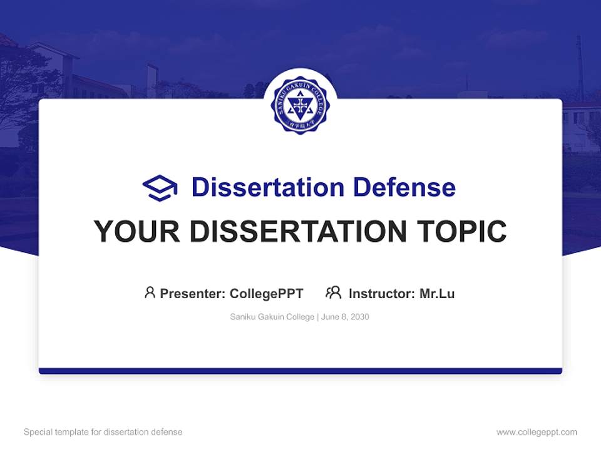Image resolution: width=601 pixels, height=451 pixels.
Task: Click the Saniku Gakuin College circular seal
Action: click(300, 105)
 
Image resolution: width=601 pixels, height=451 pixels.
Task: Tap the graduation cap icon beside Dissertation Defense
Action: click(160, 187)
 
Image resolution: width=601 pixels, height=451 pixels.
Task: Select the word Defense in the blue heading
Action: click(404, 187)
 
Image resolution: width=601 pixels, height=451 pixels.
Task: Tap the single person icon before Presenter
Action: click(150, 293)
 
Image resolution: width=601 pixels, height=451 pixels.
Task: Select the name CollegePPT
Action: click(267, 293)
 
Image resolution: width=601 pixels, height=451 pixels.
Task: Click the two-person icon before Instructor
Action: click(334, 293)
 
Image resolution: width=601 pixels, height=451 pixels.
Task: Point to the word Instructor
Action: click(381, 293)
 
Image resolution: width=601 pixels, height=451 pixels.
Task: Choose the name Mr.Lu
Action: click(437, 293)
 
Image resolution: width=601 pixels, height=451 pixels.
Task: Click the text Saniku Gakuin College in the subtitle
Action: click(272, 317)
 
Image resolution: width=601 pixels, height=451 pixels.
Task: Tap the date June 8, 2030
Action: click(346, 317)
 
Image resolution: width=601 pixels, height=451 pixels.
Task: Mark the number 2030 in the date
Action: click(360, 317)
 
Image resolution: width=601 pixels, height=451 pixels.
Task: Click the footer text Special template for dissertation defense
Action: click(103, 432)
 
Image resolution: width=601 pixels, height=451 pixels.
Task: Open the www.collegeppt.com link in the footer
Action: click(537, 432)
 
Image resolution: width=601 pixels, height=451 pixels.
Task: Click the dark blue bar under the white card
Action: click(300, 371)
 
